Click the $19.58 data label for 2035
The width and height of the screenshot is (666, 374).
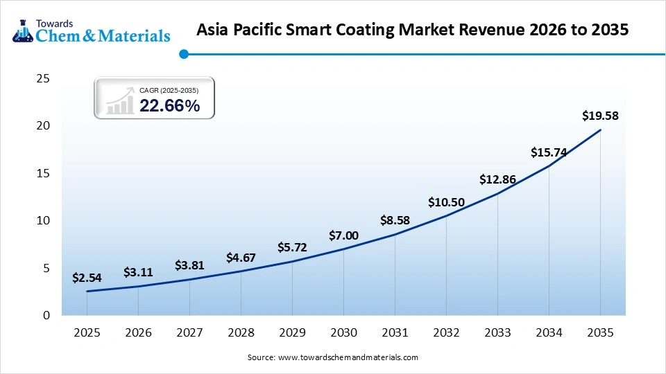tap(600, 116)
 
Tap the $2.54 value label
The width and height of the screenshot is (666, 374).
tap(87, 278)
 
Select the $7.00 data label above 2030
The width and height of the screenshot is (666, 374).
tap(343, 235)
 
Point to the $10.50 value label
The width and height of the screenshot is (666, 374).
tap(446, 202)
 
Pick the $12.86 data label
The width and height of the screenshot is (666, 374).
tap(497, 179)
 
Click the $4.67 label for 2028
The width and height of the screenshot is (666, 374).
tap(241, 258)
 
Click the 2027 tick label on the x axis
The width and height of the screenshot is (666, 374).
tap(189, 333)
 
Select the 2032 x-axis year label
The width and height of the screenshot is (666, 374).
tap(446, 333)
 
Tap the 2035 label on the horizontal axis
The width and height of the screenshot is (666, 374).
tap(600, 333)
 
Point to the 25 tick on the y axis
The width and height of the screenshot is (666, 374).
tap(42, 79)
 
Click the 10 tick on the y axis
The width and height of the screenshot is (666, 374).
tap(42, 220)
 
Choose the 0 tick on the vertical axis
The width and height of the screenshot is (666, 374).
tap(46, 315)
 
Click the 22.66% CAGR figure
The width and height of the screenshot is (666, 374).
tap(170, 105)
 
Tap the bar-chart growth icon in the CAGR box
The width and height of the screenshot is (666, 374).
tap(120, 100)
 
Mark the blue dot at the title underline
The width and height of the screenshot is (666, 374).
tap(184, 54)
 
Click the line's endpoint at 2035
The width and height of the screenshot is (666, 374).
tap(600, 130)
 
